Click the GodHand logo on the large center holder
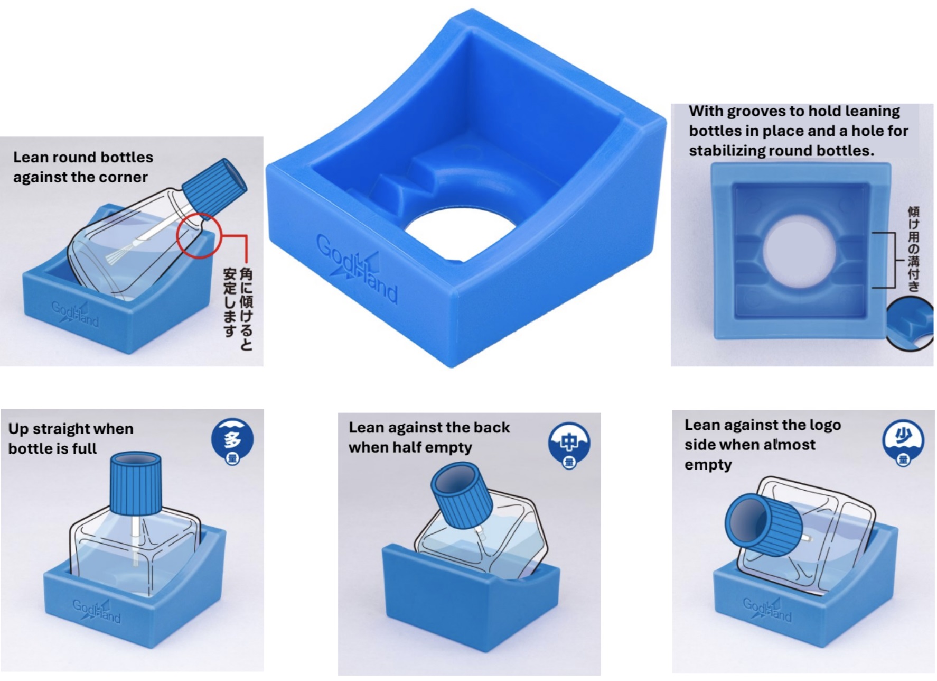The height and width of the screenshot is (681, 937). coord(357,270)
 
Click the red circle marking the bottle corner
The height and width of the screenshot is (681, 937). coord(199,236)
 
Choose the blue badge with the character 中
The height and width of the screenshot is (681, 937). coord(569,446)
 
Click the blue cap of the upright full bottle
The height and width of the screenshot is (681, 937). coord(136,483)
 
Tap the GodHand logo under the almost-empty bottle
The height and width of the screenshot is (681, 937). coord(767,609)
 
